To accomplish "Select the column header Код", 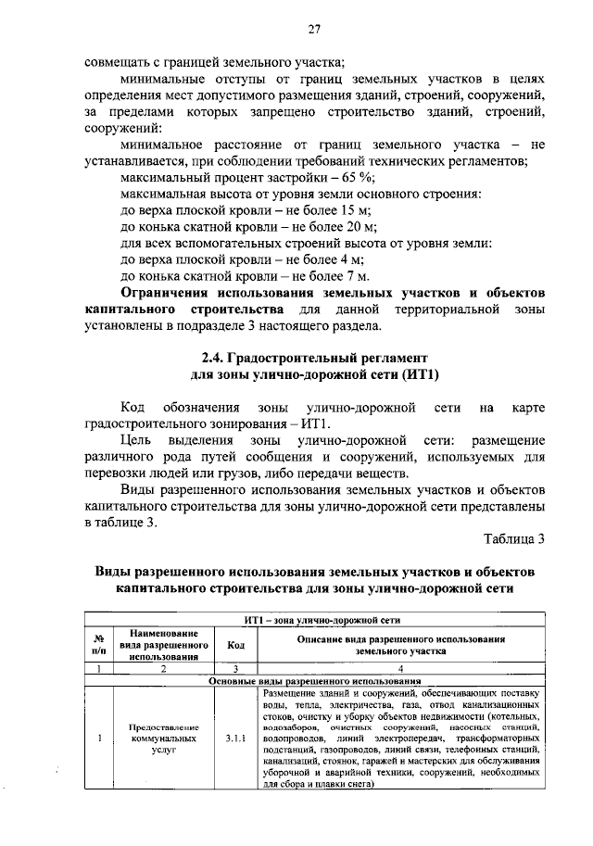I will pos(235,646).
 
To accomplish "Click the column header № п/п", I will pos(98,646).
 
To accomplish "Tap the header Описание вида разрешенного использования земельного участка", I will pos(400,646).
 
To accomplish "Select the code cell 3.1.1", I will pos(235,739).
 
